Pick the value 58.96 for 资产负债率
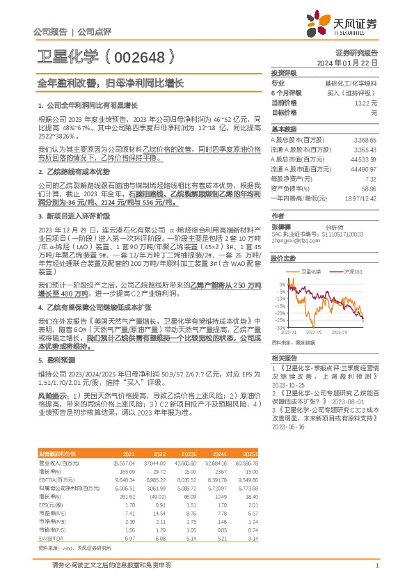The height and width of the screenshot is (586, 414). tap(369, 188)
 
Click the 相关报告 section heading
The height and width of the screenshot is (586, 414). tap(283, 356)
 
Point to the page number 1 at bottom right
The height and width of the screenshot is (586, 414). tap(376, 566)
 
